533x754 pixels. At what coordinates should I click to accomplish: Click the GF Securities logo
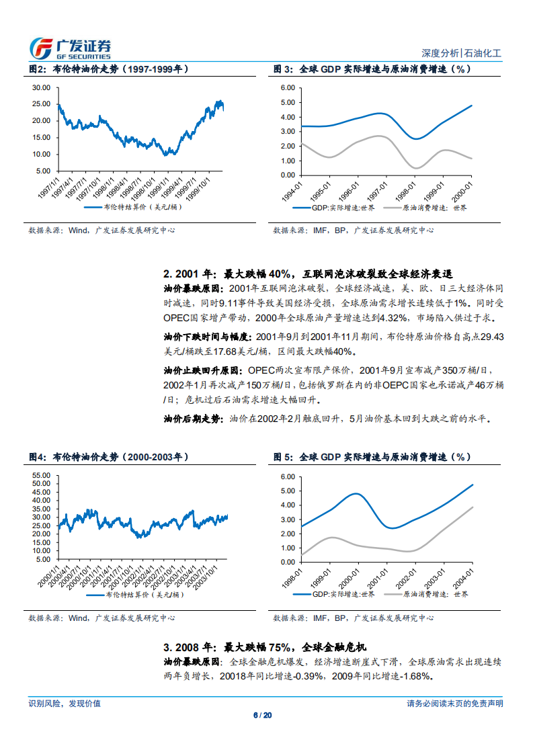click(71, 48)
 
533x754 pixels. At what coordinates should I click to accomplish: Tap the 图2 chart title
click(108, 69)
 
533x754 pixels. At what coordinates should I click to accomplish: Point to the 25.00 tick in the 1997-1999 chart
click(42, 103)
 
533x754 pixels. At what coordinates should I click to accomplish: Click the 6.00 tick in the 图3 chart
click(288, 87)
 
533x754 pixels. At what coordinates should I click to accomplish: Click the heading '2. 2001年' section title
click(308, 274)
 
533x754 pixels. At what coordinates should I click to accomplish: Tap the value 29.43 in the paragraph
click(493, 336)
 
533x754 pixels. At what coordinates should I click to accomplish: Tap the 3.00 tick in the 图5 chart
click(288, 519)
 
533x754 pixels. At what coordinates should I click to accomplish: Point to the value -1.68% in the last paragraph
click(411, 676)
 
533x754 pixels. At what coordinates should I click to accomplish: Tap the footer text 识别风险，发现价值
click(65, 704)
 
